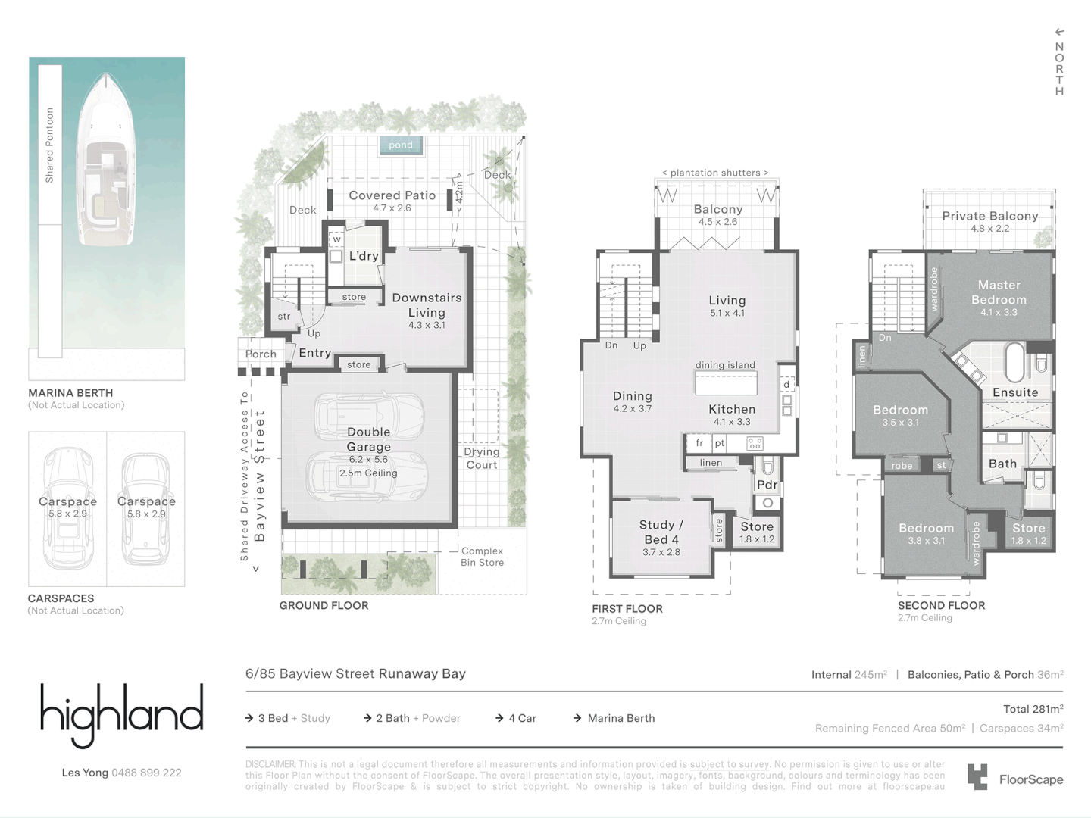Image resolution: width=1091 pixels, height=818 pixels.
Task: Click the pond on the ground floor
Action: tap(401, 145)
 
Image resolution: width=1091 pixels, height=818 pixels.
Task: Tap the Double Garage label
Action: tap(369, 439)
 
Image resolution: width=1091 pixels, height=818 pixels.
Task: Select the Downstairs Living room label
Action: tap(427, 305)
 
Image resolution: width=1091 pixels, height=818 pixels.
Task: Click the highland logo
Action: tap(122, 713)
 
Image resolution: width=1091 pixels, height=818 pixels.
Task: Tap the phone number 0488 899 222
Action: tap(146, 773)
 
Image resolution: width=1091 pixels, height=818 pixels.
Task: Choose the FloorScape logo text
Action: tap(1030, 779)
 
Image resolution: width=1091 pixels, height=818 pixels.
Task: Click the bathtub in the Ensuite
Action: tap(1014, 363)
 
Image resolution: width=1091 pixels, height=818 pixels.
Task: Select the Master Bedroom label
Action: tap(999, 292)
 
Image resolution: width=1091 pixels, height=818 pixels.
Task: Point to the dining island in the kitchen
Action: tap(726, 382)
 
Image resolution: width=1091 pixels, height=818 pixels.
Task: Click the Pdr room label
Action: tap(767, 485)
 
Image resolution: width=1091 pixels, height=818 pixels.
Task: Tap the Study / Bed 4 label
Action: tap(661, 532)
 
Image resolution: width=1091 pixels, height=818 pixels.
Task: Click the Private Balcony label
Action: tap(989, 216)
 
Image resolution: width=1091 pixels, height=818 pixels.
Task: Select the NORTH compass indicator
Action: tap(1059, 63)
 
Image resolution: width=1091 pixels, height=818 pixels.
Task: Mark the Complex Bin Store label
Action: tap(482, 557)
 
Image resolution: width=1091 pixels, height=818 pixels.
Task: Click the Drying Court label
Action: tap(482, 458)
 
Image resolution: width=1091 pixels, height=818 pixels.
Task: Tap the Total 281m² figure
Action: tap(1033, 709)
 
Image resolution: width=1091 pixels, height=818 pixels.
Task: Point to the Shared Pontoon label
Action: tap(50, 145)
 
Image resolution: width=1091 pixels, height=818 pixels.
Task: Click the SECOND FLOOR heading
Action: tap(941, 605)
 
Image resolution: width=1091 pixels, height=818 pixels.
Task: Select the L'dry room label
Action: tap(364, 256)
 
